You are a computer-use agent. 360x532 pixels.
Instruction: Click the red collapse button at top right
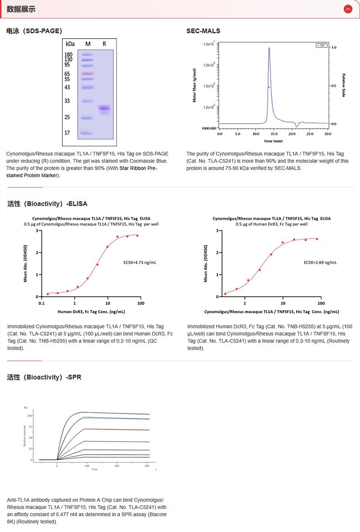tap(347, 9)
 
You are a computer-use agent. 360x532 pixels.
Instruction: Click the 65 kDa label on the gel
tap(67, 73)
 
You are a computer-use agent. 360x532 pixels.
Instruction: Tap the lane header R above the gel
tap(104, 44)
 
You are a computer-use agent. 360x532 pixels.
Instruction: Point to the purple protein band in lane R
tap(104, 108)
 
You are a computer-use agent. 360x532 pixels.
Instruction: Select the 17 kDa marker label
tap(67, 133)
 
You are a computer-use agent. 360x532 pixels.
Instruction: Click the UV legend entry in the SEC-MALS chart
tap(321, 45)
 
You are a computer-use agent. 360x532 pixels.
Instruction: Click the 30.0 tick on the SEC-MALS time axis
tap(327, 134)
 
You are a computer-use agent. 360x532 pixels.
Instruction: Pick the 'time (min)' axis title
tap(274, 141)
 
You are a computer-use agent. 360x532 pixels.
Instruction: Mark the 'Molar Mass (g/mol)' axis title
tap(194, 86)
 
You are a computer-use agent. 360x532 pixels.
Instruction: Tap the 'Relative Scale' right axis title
tap(343, 86)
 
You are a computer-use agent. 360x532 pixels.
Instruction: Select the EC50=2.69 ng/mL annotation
tap(320, 262)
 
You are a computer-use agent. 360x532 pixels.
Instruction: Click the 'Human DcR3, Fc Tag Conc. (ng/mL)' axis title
tap(91, 311)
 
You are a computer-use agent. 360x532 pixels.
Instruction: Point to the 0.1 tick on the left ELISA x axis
tap(41, 303)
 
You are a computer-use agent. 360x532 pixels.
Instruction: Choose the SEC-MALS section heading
tap(203, 31)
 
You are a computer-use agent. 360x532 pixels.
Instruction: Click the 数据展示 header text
tap(21, 9)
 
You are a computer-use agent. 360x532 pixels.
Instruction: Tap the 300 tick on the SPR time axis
tap(147, 466)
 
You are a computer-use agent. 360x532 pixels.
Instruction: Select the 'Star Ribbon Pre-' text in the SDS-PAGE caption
tap(138, 168)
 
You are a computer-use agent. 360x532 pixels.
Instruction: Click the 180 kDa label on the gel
tap(68, 54)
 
